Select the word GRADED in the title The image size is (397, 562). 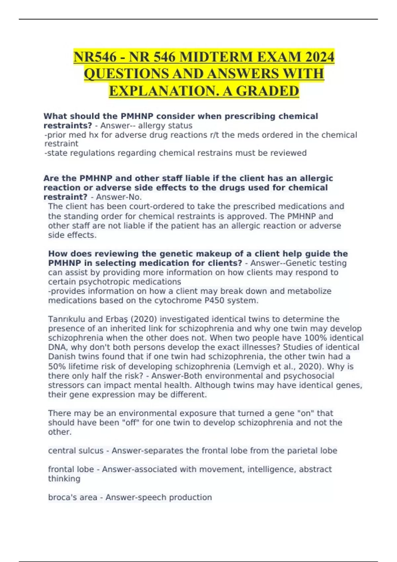[267, 91]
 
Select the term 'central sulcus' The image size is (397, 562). [76, 451]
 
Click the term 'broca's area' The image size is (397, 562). [72, 497]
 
